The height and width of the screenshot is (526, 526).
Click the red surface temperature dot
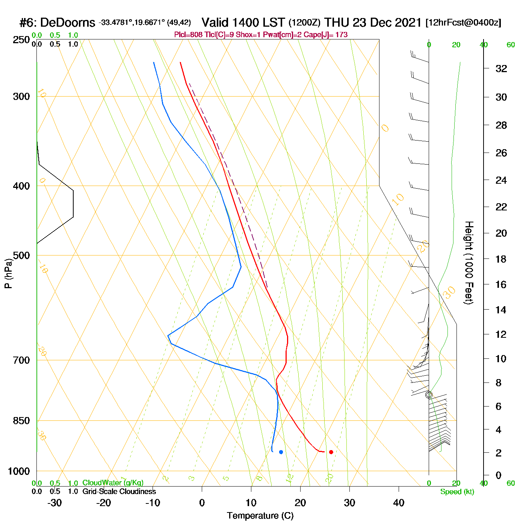point(331,452)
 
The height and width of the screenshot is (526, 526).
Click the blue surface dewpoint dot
point(281,452)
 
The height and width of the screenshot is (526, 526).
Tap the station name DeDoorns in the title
point(67,23)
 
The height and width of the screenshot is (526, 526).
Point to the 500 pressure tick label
point(22,255)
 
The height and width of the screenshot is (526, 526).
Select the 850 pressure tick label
point(22,421)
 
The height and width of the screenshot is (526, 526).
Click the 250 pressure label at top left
point(22,40)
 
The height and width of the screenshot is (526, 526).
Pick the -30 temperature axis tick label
point(55,503)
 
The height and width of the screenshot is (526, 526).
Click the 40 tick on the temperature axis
point(399,503)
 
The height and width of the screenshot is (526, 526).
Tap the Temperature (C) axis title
point(260,516)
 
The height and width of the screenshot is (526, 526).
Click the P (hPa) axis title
point(8,273)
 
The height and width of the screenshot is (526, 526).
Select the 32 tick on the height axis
point(501,68)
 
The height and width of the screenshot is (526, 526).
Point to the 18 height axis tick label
point(501,259)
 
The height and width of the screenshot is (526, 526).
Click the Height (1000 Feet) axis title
point(469,263)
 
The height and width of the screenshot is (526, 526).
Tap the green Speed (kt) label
point(457,492)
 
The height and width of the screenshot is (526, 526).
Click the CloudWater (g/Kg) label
point(113,483)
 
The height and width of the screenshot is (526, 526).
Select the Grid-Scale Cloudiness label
point(119,491)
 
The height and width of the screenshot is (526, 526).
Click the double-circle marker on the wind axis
point(429,394)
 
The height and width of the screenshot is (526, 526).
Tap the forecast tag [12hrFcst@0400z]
point(463,23)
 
